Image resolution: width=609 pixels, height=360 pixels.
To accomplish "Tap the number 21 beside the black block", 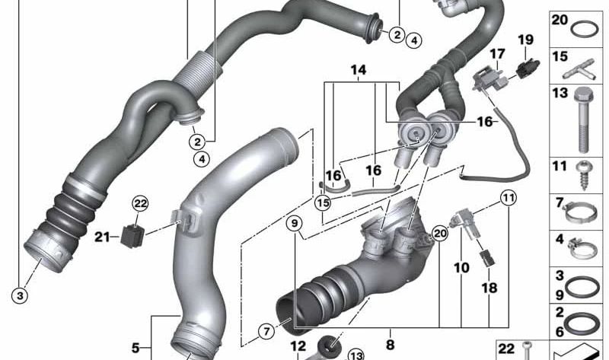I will coord(102,237).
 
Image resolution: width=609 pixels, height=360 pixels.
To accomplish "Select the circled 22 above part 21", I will coord(140,203).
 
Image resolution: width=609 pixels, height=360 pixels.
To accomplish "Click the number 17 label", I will coord(497,53).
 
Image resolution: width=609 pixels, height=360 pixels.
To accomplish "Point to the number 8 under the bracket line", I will coord(390,333).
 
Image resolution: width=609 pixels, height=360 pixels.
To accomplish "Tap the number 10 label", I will coord(461,269).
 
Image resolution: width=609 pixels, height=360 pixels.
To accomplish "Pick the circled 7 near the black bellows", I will coord(266,331).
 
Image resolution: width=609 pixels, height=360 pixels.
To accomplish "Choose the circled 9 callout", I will coord(295,223).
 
